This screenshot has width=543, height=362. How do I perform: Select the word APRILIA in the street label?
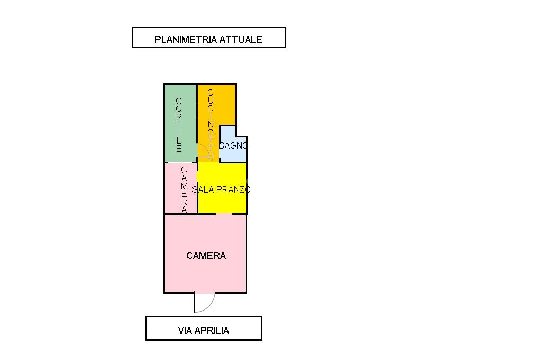[212, 331]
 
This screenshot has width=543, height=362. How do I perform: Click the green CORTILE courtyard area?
[180, 123]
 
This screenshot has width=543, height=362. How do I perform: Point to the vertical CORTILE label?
[179, 125]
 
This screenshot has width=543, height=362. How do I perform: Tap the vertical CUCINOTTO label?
[211, 124]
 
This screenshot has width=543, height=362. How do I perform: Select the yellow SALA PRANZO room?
[222, 188]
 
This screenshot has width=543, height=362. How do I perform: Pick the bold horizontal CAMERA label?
[206, 256]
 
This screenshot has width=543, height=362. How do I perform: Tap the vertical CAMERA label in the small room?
[184, 189]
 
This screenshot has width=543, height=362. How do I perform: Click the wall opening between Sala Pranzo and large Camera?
[224, 214]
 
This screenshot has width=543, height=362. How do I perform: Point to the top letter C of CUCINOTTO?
[211, 92]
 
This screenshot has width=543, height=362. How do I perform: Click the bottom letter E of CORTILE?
[179, 149]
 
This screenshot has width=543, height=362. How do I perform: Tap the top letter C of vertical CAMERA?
[184, 170]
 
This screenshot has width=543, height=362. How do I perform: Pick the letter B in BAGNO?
[222, 145]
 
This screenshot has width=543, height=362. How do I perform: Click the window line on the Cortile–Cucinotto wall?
[197, 110]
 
